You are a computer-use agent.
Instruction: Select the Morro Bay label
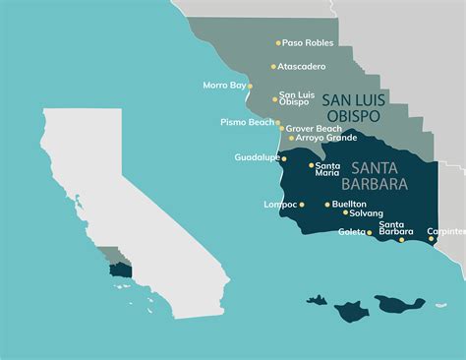click(x=223, y=86)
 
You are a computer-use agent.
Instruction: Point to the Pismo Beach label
click(x=248, y=123)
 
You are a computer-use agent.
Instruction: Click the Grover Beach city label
click(x=315, y=128)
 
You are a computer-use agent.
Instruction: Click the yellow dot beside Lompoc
click(x=302, y=205)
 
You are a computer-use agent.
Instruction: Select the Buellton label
click(x=349, y=204)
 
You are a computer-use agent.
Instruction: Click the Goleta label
click(x=352, y=232)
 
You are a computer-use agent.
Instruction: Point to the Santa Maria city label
click(x=327, y=170)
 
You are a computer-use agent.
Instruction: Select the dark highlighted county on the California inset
click(x=121, y=269)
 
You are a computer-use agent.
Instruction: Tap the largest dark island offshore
click(x=396, y=305)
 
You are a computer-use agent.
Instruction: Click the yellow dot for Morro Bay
click(x=250, y=86)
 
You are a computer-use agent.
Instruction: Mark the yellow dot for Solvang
click(x=345, y=212)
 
